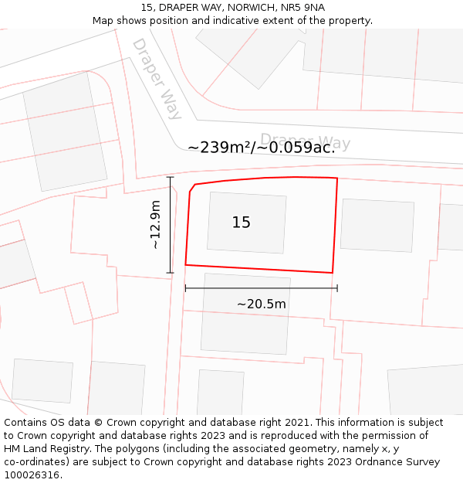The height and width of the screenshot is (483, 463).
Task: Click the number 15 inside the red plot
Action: [x=241, y=223]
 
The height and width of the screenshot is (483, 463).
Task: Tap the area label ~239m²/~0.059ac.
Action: [x=261, y=148]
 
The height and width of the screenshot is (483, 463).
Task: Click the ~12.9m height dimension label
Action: [x=155, y=225]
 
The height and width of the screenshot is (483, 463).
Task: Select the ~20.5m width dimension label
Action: [x=261, y=304]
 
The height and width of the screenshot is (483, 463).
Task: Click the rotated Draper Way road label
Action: [x=157, y=79]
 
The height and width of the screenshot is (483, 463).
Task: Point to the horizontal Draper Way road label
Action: [x=305, y=141]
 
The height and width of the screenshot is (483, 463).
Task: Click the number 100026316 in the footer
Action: [x=32, y=474]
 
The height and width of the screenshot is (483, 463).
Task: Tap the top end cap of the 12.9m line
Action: [x=171, y=178]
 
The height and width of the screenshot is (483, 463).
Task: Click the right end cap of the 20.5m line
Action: [x=337, y=288]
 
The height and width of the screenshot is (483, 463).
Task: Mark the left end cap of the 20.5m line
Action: [x=185, y=288]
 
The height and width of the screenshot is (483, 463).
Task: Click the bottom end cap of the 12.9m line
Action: [x=171, y=273]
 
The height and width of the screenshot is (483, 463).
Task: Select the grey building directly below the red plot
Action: [x=245, y=313]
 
